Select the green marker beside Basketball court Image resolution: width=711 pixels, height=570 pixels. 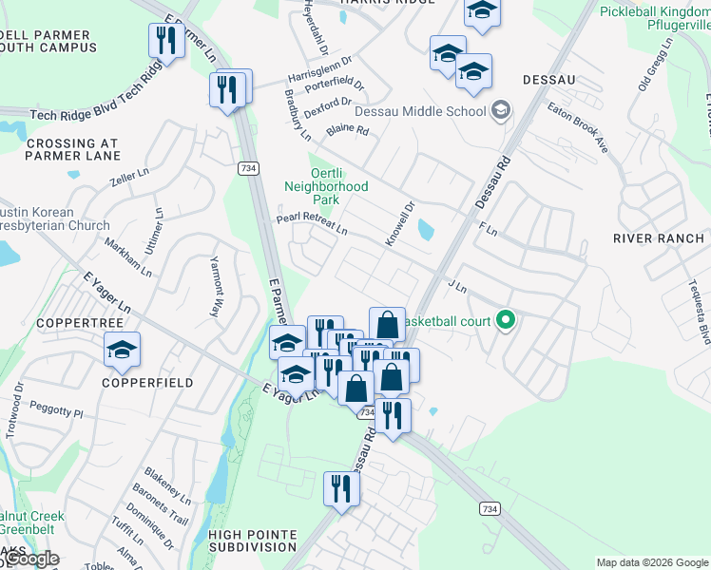(506, 321)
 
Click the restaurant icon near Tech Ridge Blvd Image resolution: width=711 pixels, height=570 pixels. (167, 40)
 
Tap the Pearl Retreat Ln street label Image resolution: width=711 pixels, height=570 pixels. (311, 223)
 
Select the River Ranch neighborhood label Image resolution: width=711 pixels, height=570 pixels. (659, 237)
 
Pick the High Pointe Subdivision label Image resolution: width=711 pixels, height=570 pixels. (253, 541)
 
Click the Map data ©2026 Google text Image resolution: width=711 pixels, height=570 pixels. (651, 562)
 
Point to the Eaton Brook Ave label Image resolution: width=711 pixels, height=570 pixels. (577, 127)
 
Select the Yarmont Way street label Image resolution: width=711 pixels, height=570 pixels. (215, 286)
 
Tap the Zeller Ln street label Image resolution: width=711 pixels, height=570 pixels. (130, 177)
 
